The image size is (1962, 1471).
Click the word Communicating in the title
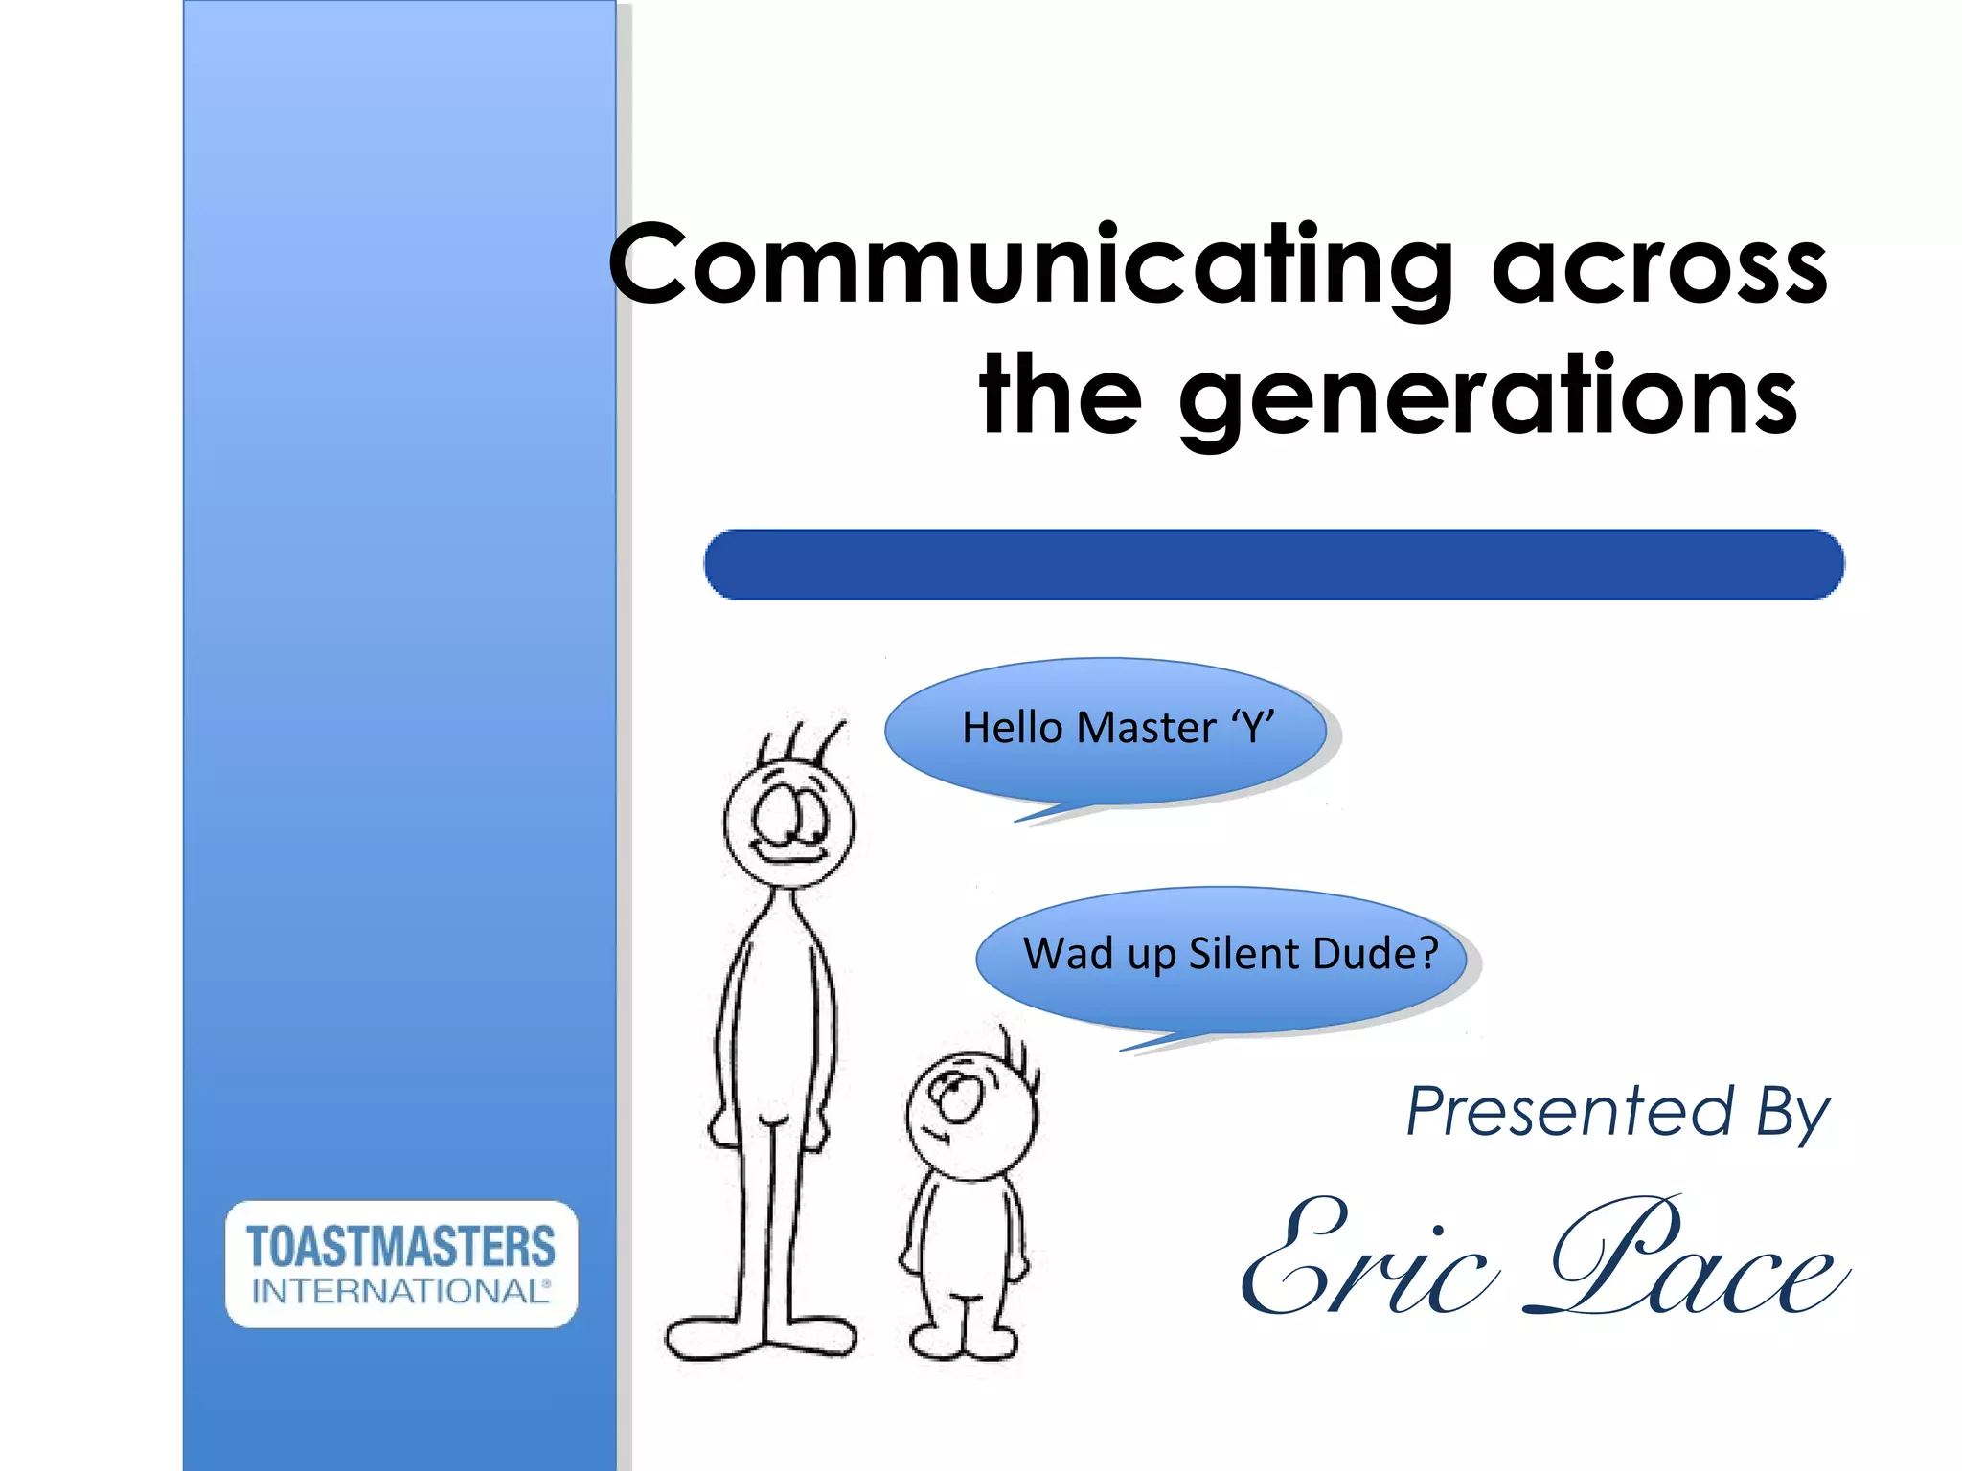click(1030, 266)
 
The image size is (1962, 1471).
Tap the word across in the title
click(1659, 268)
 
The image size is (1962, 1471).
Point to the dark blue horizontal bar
click(1273, 565)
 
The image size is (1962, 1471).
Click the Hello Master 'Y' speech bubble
click(1106, 731)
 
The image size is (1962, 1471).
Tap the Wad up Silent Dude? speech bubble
click(1222, 961)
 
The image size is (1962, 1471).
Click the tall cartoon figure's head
click(788, 824)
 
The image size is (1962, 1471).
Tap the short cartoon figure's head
click(970, 1116)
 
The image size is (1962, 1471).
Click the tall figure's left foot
click(714, 1336)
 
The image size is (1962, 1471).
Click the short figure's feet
click(963, 1341)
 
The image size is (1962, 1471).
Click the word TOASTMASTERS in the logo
click(400, 1246)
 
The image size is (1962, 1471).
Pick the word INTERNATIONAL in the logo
click(400, 1292)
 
